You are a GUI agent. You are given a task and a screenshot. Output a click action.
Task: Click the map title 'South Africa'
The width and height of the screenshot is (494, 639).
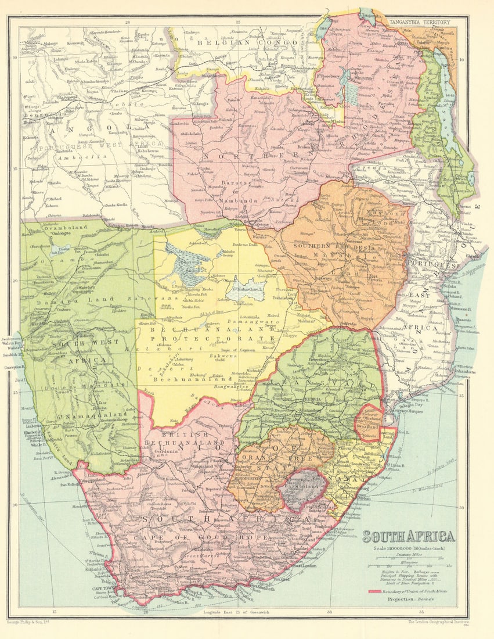[x=409, y=536]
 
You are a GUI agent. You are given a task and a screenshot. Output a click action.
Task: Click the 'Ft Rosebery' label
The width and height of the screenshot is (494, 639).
[x=327, y=76]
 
